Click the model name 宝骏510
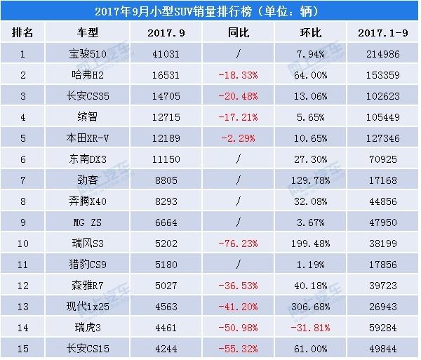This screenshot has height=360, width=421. tap(90, 53)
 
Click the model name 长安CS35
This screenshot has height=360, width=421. tap(90, 94)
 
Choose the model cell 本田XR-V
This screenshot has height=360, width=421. tap(90, 135)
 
